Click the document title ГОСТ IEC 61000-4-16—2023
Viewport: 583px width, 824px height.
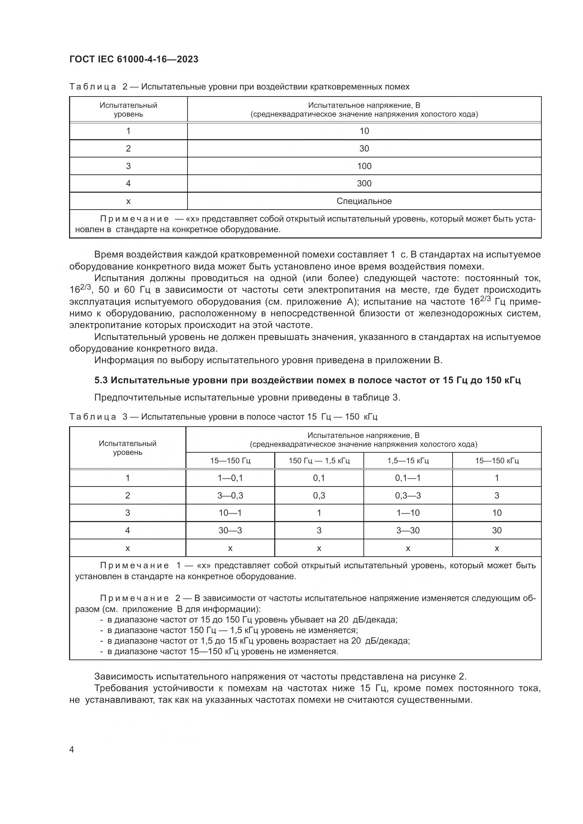tap(134, 60)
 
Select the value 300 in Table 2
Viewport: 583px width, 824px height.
tap(364, 184)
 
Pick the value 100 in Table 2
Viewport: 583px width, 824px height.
tap(364, 166)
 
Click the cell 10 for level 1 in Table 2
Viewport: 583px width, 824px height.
tap(364, 131)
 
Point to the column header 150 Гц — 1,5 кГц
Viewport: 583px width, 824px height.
tap(319, 460)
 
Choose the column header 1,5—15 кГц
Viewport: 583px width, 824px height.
tap(408, 460)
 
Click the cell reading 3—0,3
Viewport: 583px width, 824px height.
tap(230, 496)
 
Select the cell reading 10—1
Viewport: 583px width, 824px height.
tap(230, 513)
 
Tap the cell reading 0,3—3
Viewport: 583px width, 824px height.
tap(408, 496)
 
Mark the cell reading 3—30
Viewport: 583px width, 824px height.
tap(408, 531)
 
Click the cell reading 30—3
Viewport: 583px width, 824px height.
tap(230, 531)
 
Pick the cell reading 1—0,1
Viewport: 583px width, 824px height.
tap(230, 478)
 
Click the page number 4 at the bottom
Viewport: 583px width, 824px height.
tap(72, 750)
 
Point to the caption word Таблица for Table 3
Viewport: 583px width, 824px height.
tap(93, 417)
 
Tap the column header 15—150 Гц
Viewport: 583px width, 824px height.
tap(230, 460)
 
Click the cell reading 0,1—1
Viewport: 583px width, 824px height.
tap(408, 478)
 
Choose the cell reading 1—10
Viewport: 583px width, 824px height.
tap(408, 513)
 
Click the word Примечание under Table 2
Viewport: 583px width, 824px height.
tap(134, 219)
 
